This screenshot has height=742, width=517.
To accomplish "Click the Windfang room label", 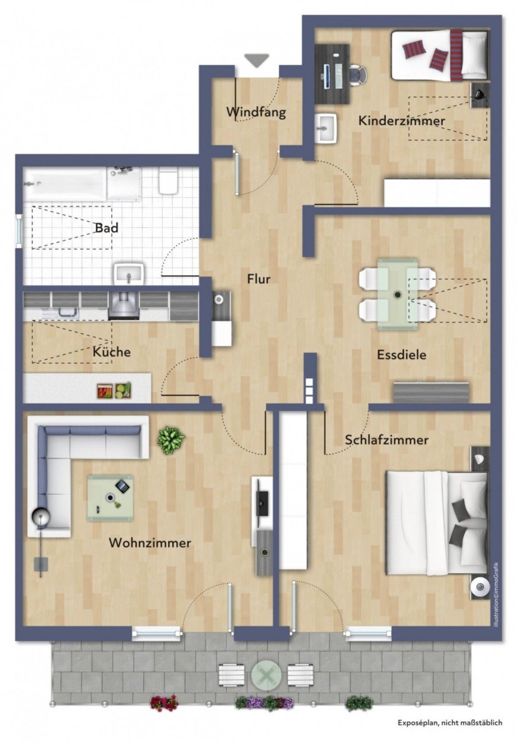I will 256,112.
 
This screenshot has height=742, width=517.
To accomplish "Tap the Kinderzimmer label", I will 401,120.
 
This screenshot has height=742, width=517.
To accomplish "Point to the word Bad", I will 106,228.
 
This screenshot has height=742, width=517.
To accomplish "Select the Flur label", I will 258,278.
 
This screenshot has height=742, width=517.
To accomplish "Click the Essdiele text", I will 401,355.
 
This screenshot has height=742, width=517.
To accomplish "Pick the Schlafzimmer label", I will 387,440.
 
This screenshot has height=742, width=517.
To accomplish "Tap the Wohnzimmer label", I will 150,543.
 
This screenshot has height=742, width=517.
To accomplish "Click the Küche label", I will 112,352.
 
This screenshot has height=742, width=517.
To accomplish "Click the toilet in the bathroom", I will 168,181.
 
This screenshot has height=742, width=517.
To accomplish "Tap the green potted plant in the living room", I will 171,439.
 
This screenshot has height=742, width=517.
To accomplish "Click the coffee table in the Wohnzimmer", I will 111,497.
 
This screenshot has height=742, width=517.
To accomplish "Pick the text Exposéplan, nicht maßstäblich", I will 450,723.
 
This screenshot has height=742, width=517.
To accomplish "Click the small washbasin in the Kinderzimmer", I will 325,128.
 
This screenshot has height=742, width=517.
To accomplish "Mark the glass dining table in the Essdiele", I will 397,294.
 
